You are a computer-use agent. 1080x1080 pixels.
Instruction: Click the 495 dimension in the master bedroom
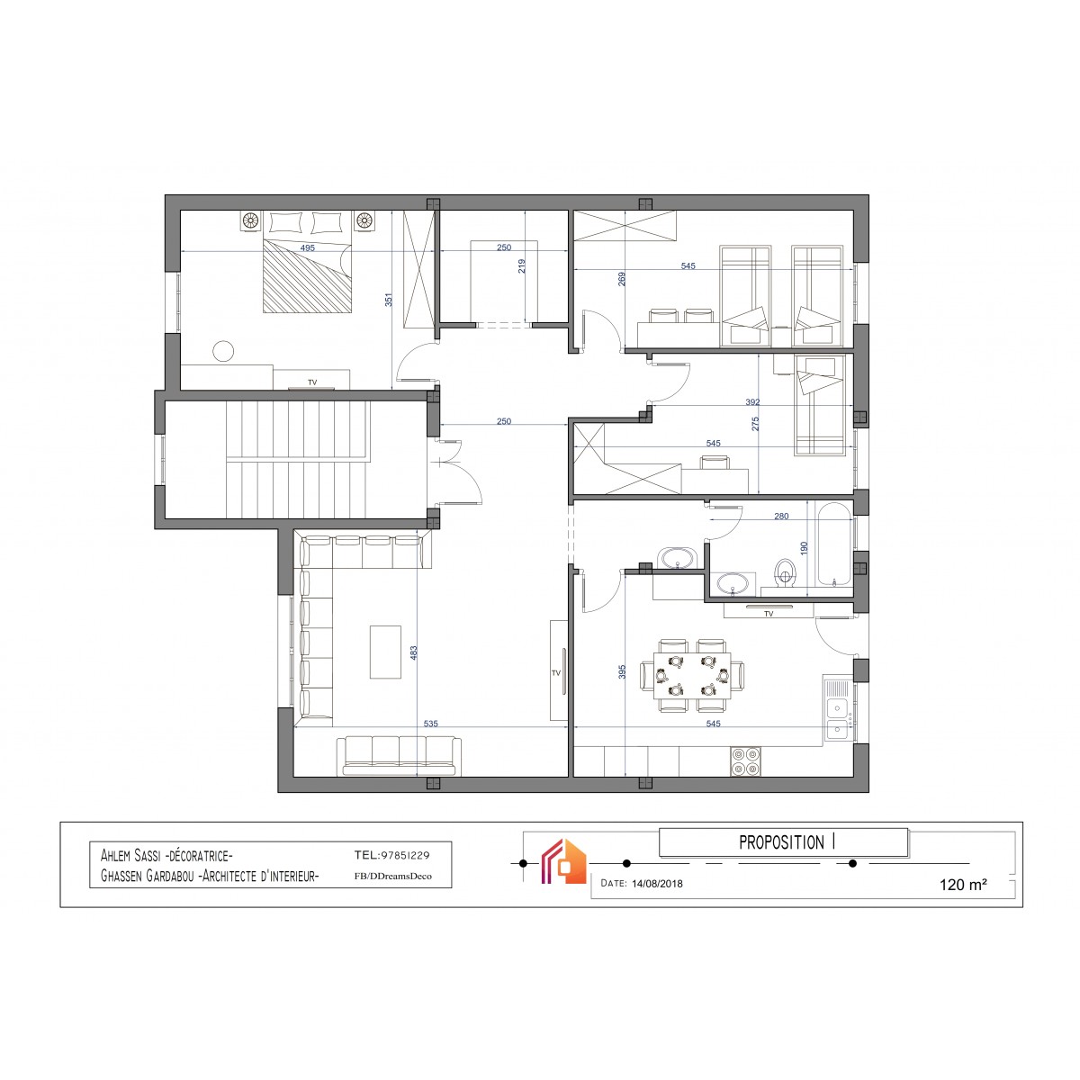click(307, 247)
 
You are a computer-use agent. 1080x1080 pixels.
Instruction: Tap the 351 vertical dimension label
click(389, 300)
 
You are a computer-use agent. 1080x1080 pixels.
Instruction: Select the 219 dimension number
click(522, 265)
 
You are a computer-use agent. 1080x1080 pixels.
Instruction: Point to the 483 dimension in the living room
click(414, 652)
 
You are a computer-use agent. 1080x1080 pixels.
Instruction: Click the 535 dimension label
click(430, 724)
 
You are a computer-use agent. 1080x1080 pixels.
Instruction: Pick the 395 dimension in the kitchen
click(622, 672)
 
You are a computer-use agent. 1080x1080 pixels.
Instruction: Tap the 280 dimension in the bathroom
click(780, 517)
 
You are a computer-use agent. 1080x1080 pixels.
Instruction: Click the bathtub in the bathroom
click(834, 544)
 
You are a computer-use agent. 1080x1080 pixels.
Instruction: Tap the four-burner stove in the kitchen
click(745, 761)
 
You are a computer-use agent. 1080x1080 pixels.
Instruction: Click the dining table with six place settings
click(693, 676)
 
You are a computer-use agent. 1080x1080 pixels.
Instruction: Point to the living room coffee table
click(385, 652)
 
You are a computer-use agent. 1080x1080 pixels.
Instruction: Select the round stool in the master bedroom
click(223, 351)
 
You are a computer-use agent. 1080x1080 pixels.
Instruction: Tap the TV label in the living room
click(556, 673)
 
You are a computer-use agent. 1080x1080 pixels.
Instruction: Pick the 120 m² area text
click(963, 885)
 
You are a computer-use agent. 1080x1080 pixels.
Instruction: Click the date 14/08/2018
click(657, 883)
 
